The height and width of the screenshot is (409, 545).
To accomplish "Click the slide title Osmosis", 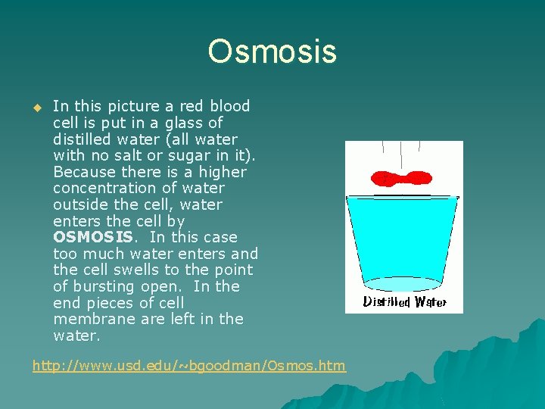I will tap(272, 52).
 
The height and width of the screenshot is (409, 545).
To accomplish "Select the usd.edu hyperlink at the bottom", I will tap(188, 366).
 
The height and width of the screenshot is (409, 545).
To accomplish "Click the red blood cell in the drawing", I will tap(401, 179).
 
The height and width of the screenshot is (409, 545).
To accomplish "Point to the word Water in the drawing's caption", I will tap(428, 302).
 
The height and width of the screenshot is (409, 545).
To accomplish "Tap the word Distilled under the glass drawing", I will tap(386, 302).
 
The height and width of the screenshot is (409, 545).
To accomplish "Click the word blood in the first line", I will tap(229, 106).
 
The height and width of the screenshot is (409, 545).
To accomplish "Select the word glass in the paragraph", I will tap(182, 123).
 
